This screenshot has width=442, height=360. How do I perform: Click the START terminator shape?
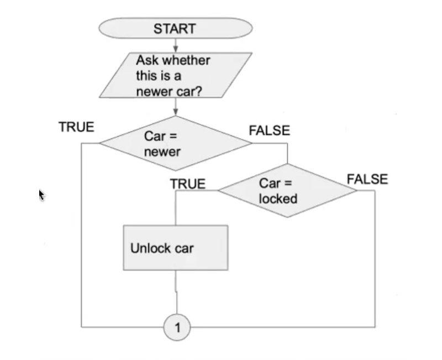click(x=175, y=28)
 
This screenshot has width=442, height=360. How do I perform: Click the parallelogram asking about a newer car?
click(x=175, y=75)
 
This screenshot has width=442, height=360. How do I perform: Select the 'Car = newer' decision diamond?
click(x=176, y=143)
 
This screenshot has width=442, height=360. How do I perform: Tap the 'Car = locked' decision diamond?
click(x=287, y=190)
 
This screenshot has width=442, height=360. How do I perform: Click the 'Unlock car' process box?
click(x=175, y=248)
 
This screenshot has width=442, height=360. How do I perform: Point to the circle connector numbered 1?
click(x=177, y=327)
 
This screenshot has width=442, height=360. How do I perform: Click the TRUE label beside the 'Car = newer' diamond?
click(x=76, y=127)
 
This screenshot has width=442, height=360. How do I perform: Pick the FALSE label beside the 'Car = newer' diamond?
click(x=269, y=131)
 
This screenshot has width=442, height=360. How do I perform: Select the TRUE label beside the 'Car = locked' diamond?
click(x=187, y=184)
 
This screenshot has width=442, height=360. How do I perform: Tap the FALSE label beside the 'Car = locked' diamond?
click(x=367, y=179)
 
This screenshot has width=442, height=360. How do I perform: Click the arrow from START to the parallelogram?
click(x=175, y=46)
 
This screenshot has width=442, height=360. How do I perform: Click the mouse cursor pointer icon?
click(x=41, y=195)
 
